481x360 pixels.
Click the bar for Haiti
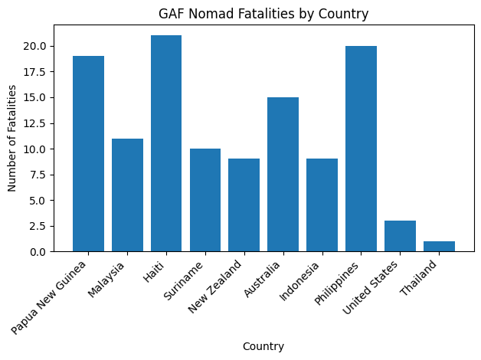pyautogui.click(x=166, y=143)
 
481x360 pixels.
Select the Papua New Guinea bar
pyautogui.click(x=88, y=153)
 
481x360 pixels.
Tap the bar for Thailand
pyautogui.click(x=439, y=246)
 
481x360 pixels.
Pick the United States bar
pyautogui.click(x=400, y=236)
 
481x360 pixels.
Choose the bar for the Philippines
pyautogui.click(x=361, y=149)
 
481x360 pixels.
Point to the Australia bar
pyautogui.click(x=283, y=174)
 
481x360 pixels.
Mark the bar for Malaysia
pyautogui.click(x=127, y=195)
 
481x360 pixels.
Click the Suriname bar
pyautogui.click(x=205, y=200)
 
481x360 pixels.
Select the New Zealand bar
pyautogui.click(x=244, y=205)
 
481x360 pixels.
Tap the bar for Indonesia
pyautogui.click(x=322, y=205)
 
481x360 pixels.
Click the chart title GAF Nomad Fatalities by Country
pyautogui.click(x=263, y=13)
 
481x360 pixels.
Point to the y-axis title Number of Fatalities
pyautogui.click(x=12, y=138)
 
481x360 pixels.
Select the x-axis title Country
pyautogui.click(x=263, y=346)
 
